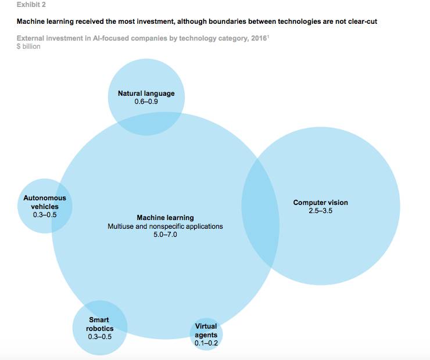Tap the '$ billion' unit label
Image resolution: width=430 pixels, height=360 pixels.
coord(28,46)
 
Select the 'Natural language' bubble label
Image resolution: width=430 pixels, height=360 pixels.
coord(146,93)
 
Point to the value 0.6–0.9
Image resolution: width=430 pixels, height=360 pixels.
coord(146,101)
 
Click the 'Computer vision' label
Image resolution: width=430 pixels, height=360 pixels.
coord(320,203)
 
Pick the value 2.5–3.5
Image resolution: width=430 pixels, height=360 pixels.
coord(320,211)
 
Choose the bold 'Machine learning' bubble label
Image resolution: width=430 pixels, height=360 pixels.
coord(165,218)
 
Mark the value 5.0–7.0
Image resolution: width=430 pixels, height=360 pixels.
coord(165,235)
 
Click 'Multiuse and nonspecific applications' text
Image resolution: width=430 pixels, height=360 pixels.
coord(165,226)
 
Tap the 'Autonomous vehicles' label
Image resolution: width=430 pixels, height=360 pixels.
coord(45,202)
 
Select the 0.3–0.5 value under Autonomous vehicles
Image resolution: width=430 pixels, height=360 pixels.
coord(45,215)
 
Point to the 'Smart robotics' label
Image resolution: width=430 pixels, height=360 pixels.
coord(99,324)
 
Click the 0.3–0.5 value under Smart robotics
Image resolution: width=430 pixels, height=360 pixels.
coord(99,337)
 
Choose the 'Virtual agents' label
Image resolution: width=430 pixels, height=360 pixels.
coord(206,330)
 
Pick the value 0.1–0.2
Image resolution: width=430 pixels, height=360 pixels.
coord(206,343)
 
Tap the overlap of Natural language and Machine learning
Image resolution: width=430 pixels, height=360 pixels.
coord(146,123)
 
